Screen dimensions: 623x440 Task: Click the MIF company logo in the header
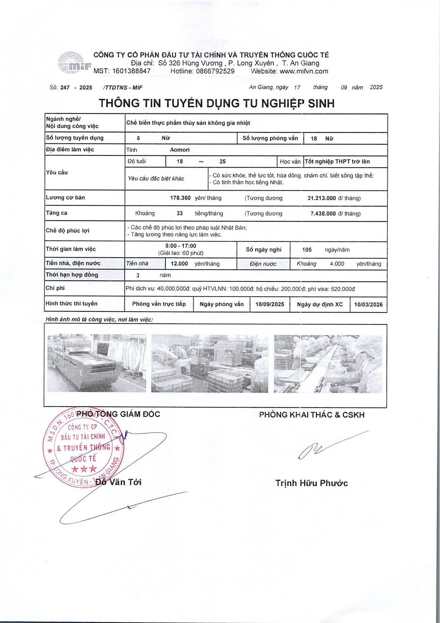point(74,63)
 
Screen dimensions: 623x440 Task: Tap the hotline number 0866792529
point(215,71)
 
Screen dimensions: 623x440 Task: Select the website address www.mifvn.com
point(304,71)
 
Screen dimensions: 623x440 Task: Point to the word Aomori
point(180,150)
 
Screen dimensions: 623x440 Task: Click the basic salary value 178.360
point(180,198)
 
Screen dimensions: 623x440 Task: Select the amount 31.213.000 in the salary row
point(321,198)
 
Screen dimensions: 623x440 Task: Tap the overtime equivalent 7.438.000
point(323,214)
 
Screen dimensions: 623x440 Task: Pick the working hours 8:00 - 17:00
point(181,246)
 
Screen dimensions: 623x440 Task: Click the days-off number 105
point(307,250)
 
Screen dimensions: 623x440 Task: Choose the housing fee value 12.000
point(179,264)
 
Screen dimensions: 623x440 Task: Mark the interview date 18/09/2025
point(270,304)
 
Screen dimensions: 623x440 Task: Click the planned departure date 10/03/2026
point(368,304)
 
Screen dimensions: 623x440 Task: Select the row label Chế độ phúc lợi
point(67,231)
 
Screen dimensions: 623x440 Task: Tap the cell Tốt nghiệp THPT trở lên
point(337,162)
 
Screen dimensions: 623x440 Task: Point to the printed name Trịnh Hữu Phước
point(311,483)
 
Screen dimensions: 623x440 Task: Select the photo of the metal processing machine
point(97,363)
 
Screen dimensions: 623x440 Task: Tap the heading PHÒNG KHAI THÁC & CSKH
point(311,415)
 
